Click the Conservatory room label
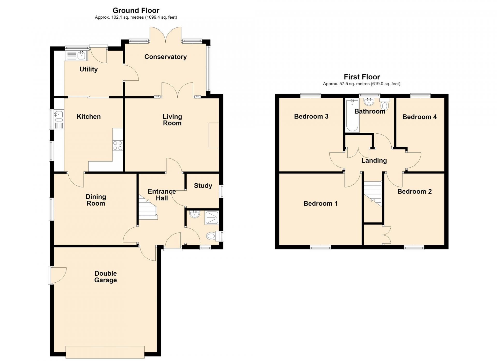click(x=165, y=57)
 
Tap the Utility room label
click(x=89, y=69)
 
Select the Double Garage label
click(x=106, y=277)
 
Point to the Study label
click(x=203, y=186)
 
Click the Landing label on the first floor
click(x=374, y=161)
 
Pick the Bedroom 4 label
click(x=419, y=117)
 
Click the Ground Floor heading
click(x=136, y=11)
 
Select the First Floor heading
click(x=362, y=77)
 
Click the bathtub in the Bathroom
click(x=353, y=115)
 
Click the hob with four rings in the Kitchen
click(x=118, y=145)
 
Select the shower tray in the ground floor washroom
click(x=212, y=218)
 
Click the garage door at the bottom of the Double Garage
click(x=105, y=352)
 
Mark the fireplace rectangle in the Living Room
click(x=214, y=135)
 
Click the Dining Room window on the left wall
click(x=52, y=209)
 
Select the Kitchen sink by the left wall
click(x=59, y=119)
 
